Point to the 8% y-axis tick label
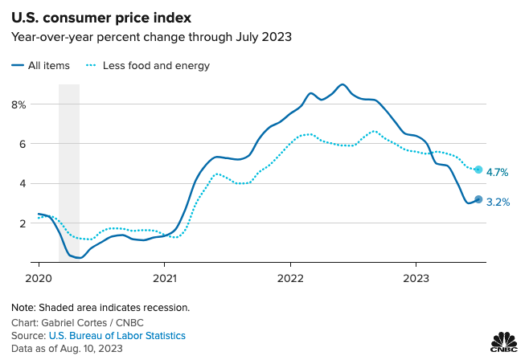(x=18, y=104)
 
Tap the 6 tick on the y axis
(x=23, y=144)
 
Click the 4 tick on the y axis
(x=23, y=183)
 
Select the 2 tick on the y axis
(x=23, y=223)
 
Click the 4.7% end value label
(x=498, y=172)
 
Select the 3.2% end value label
(x=498, y=202)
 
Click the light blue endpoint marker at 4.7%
(x=478, y=170)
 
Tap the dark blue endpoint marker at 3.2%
(x=478, y=199)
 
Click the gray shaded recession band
(x=69, y=161)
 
